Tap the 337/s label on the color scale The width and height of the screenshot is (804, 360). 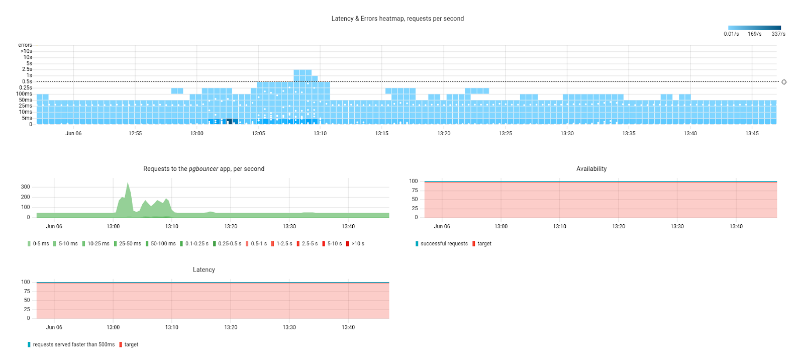[x=778, y=34]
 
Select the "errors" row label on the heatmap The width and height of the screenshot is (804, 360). [x=25, y=45]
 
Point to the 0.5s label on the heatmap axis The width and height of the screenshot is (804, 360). [x=27, y=81]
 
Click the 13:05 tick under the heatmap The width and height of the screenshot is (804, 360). [x=258, y=134]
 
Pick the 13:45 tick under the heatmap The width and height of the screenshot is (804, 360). [x=752, y=134]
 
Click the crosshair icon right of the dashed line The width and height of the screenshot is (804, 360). [x=784, y=82]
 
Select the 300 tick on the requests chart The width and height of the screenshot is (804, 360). [x=26, y=187]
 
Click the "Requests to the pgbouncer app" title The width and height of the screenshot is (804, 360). [x=204, y=169]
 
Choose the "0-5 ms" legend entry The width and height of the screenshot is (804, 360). [x=39, y=244]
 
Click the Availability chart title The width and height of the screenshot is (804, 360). [x=591, y=169]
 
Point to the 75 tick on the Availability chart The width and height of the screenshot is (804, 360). [x=415, y=191]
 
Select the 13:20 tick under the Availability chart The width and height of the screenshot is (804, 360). [x=619, y=227]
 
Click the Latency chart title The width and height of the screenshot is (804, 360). [x=204, y=270]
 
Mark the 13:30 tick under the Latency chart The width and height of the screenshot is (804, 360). [x=289, y=328]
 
